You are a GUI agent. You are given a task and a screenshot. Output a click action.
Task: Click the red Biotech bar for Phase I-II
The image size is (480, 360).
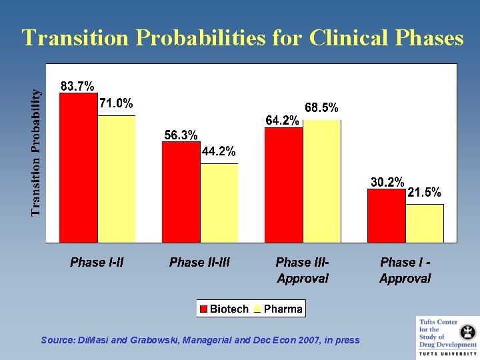click(x=79, y=167)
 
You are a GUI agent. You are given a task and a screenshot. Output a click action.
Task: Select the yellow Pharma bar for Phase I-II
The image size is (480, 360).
click(x=117, y=179)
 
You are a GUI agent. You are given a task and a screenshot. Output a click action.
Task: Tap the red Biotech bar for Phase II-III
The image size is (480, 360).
click(x=181, y=192)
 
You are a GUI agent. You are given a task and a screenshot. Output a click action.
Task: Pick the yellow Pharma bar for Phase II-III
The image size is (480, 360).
click(x=219, y=203)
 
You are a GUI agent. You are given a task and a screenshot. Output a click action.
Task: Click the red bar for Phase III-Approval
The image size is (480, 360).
click(x=284, y=185)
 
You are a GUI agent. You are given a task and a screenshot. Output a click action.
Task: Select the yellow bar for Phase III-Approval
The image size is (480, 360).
click(x=322, y=181)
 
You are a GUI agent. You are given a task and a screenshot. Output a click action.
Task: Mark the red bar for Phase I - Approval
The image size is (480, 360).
click(x=387, y=215)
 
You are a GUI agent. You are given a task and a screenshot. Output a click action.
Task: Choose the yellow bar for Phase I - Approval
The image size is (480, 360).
click(x=425, y=223)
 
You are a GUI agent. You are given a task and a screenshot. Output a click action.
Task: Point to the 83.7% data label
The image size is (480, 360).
click(x=77, y=86)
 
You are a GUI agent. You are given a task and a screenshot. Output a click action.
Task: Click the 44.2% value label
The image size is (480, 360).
click(x=219, y=152)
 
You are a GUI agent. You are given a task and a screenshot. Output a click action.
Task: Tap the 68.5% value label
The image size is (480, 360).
click(x=321, y=107)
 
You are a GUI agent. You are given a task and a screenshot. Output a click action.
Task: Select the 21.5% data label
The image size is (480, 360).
click(x=424, y=193)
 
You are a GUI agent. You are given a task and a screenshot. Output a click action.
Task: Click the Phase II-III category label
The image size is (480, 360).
click(x=199, y=262)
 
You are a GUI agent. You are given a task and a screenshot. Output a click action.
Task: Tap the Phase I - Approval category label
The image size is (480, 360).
click(x=405, y=270)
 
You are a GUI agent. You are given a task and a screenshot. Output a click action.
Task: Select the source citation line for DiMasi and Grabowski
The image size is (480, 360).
click(x=200, y=340)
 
